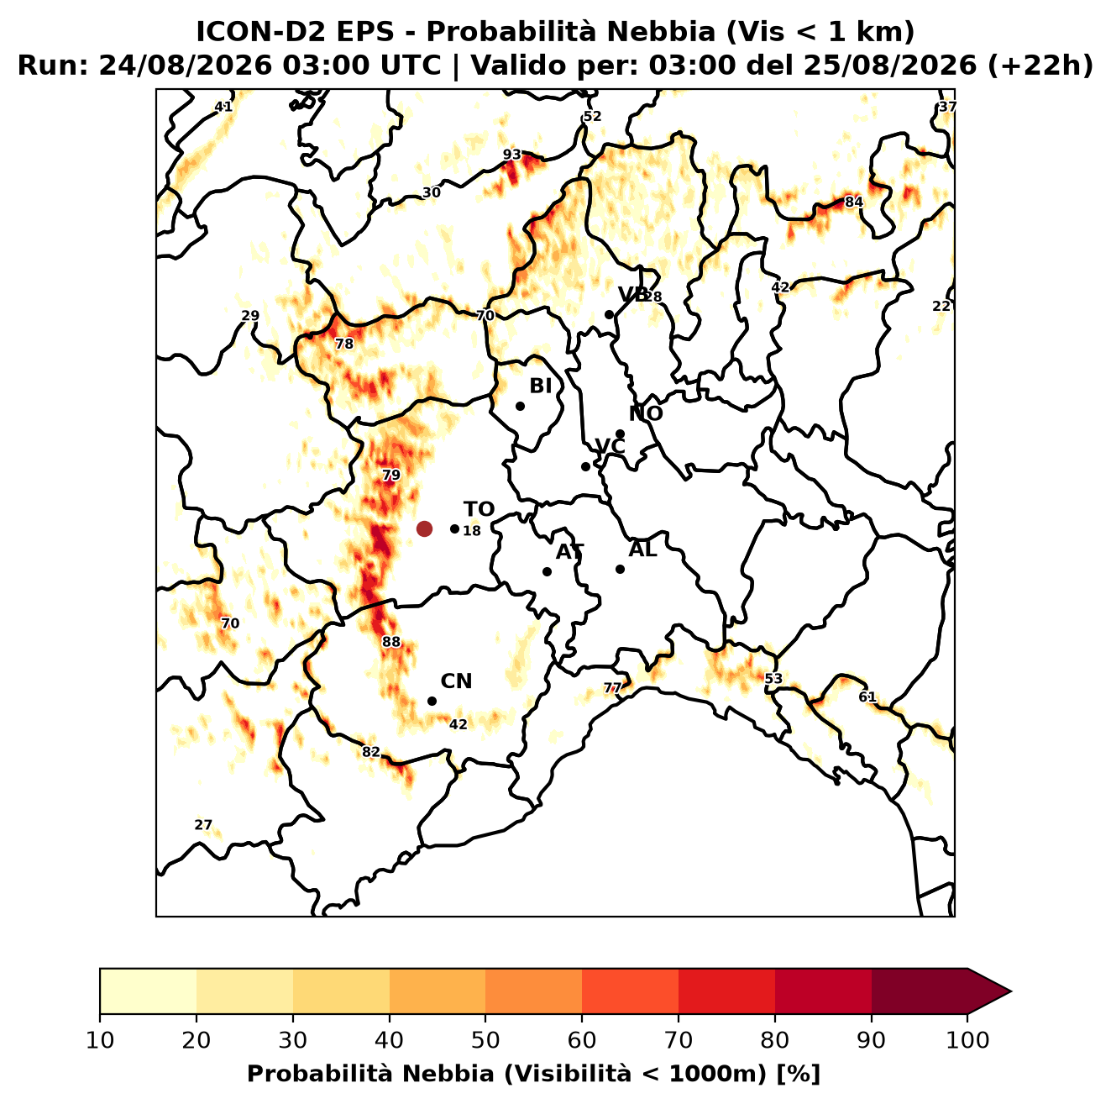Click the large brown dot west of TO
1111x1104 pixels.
tap(424, 528)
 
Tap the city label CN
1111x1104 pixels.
tap(456, 681)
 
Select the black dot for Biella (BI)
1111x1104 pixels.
tap(520, 407)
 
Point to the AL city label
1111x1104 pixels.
tap(642, 549)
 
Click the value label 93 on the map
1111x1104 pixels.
tap(512, 155)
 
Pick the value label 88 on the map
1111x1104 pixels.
tap(390, 642)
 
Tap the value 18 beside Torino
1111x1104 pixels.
tap(472, 531)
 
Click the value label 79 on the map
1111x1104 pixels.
tap(390, 476)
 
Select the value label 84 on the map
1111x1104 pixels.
tap(854, 202)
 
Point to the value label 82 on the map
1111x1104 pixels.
tap(370, 752)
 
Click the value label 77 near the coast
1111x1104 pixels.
tap(612, 688)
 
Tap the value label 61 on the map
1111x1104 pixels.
tap(867, 697)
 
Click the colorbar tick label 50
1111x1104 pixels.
tap(485, 1040)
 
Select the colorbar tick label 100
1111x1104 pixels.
tap(967, 1040)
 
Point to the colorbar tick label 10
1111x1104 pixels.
tap(100, 1040)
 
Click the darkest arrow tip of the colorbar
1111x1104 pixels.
tap(1011, 992)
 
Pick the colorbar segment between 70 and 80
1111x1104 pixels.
tap(726, 992)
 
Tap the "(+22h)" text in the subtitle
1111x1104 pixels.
tap(1040, 66)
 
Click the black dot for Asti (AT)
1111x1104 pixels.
tap(548, 572)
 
